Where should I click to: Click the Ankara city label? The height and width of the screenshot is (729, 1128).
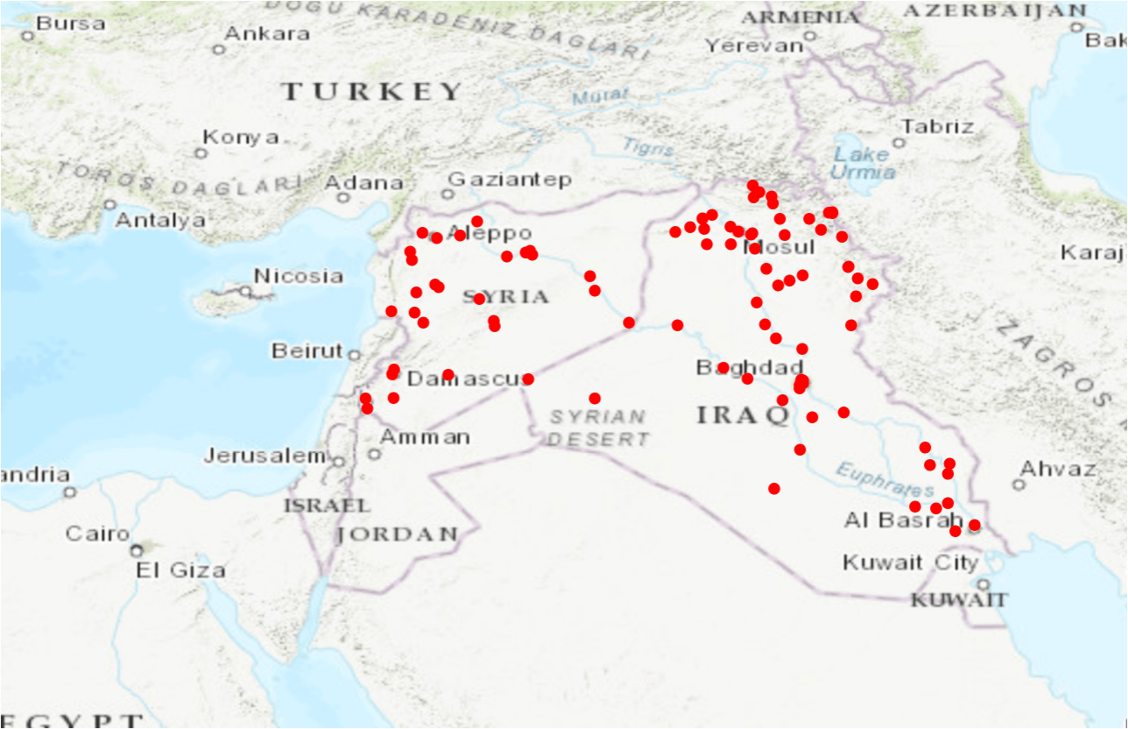coord(267,34)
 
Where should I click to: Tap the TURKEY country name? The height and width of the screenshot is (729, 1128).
coord(372,91)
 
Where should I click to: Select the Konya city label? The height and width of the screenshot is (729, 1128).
coord(241,138)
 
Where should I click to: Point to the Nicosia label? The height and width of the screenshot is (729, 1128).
coord(299,277)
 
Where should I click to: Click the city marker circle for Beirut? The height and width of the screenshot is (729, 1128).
coord(354,355)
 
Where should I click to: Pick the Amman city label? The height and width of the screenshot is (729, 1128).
coord(426,436)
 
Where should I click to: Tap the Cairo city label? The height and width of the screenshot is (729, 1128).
coord(97,534)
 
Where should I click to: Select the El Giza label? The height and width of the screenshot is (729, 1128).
coord(180,570)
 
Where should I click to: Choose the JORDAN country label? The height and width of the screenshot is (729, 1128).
coord(398,534)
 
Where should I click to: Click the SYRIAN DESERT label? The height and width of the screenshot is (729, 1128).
coord(598,428)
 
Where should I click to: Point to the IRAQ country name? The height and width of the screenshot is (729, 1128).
coord(744,415)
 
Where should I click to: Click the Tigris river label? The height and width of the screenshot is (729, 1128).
coord(649,147)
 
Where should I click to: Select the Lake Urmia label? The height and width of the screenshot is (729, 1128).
coord(863,163)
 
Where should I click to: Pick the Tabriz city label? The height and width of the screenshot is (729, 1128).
coord(938,126)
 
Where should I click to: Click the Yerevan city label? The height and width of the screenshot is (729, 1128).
coord(754,46)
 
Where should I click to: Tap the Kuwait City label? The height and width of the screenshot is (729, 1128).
coord(910,563)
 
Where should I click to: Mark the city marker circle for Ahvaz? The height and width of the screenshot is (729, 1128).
coord(1019,485)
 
